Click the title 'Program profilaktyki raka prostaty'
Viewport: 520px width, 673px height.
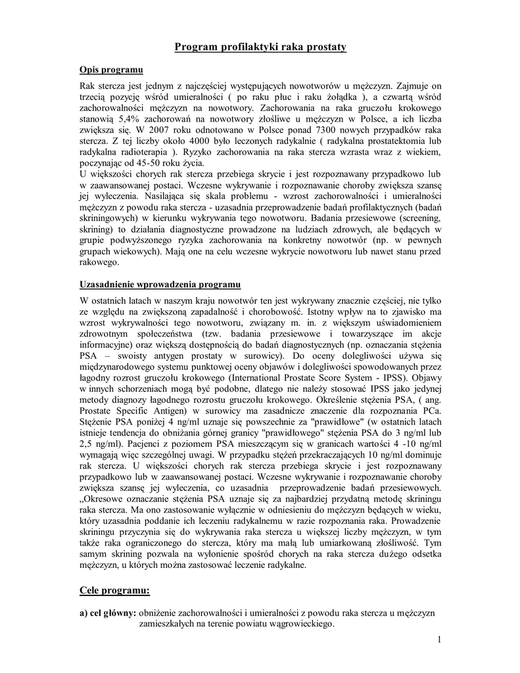[x=260, y=47]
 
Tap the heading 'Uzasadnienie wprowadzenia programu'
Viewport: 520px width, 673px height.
[x=160, y=285]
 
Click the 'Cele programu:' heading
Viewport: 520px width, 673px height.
[x=114, y=590]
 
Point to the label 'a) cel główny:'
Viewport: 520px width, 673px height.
[x=108, y=613]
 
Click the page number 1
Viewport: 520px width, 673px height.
[x=438, y=639]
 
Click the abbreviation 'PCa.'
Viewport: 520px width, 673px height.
[x=429, y=411]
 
